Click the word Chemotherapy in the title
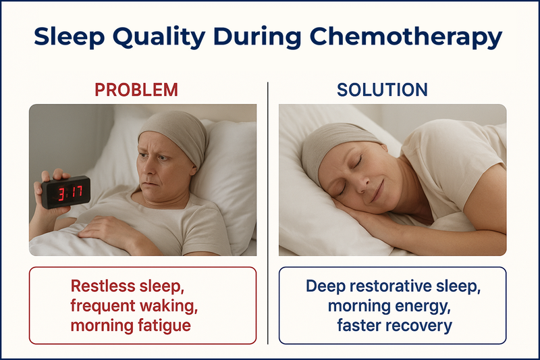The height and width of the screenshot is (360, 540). tap(406, 37)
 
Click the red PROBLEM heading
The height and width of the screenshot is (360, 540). tap(136, 90)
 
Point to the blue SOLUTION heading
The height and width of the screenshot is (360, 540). tap(382, 90)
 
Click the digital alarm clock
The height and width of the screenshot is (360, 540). tap(65, 192)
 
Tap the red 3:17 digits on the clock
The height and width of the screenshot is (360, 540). tap(70, 193)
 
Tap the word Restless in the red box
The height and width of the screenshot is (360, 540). tap(103, 286)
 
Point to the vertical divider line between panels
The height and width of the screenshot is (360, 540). tap(267, 213)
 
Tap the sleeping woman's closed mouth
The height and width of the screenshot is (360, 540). tap(377, 192)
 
